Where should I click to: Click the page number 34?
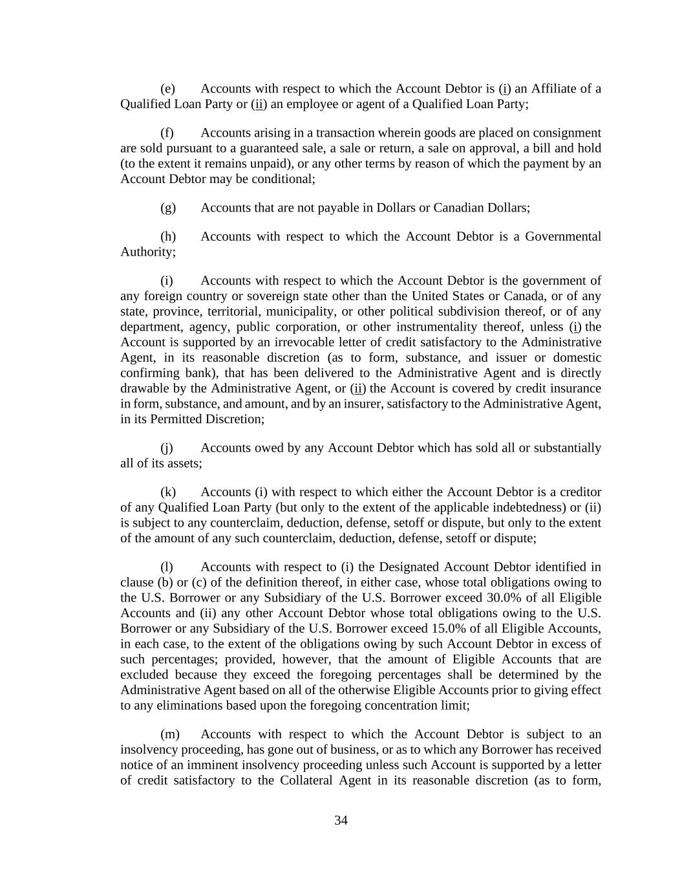coord(341,820)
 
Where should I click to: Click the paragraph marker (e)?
coord(167,89)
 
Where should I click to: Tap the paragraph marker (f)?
coord(167,133)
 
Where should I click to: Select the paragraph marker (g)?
coord(167,208)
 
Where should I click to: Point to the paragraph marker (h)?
coord(167,237)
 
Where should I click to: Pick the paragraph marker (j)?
coord(166,448)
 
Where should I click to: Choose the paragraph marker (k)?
coord(167,492)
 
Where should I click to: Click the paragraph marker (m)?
coord(169,734)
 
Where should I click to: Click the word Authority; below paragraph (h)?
coord(148,252)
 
